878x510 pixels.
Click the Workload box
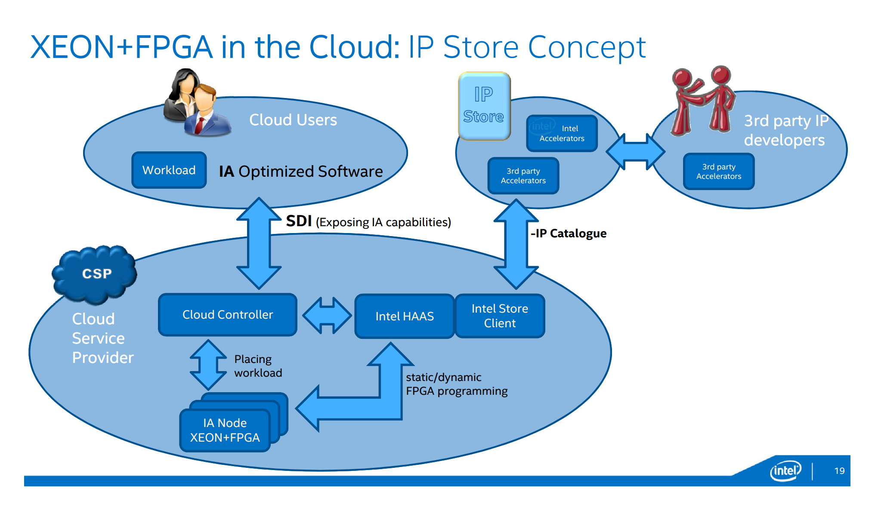[x=169, y=170]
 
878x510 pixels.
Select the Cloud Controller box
[x=227, y=315]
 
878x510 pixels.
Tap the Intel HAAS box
[x=404, y=316]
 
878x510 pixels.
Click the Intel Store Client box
[x=500, y=316]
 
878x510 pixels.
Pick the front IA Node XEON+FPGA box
[x=225, y=430]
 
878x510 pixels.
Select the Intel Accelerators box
[x=562, y=133]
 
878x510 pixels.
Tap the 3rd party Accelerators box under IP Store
[x=523, y=176]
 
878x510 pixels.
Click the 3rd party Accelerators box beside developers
[x=718, y=172]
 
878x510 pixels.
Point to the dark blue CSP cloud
[x=96, y=274]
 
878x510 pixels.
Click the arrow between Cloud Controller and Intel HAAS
[x=327, y=316]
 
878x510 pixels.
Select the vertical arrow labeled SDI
[x=259, y=243]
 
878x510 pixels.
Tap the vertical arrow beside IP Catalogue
[x=516, y=244]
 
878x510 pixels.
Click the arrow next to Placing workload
[x=208, y=365]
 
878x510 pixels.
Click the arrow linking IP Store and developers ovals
[x=636, y=151]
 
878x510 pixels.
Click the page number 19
[x=839, y=471]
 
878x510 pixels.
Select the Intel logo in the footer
[x=785, y=471]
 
